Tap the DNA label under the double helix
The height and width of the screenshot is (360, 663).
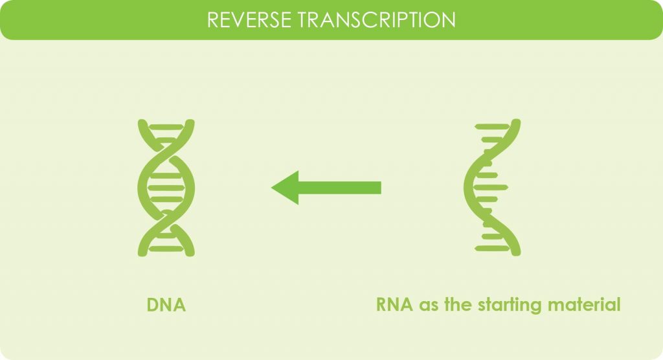click(x=166, y=305)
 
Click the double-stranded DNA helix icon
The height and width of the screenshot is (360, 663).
click(x=166, y=187)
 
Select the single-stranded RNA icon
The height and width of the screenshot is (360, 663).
click(x=492, y=187)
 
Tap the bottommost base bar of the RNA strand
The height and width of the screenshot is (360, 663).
click(x=491, y=248)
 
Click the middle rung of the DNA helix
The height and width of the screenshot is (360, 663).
click(x=166, y=187)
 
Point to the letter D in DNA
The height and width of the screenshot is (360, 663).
click(x=153, y=305)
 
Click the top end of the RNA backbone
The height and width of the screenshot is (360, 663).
click(x=516, y=124)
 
